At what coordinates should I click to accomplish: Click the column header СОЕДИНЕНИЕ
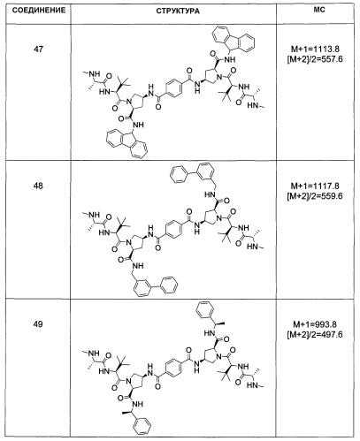pyautogui.click(x=39, y=11)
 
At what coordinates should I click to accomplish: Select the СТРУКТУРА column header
pyautogui.click(x=178, y=11)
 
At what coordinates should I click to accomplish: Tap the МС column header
pyautogui.click(x=319, y=10)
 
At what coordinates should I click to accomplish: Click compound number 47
pyautogui.click(x=38, y=49)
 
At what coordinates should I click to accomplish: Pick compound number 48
pyautogui.click(x=38, y=186)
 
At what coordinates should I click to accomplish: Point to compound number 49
pyautogui.click(x=38, y=323)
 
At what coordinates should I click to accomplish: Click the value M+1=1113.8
pyautogui.click(x=315, y=49)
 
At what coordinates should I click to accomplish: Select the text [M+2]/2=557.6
pyautogui.click(x=315, y=59)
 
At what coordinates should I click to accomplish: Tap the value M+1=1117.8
pyautogui.click(x=315, y=186)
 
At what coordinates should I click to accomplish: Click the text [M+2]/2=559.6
pyautogui.click(x=315, y=196)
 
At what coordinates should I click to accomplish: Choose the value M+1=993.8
pyautogui.click(x=315, y=324)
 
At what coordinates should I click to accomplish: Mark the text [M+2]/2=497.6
pyautogui.click(x=315, y=334)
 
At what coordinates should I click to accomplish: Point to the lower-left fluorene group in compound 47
pyautogui.click(x=127, y=145)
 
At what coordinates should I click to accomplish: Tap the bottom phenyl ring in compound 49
pyautogui.click(x=142, y=426)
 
